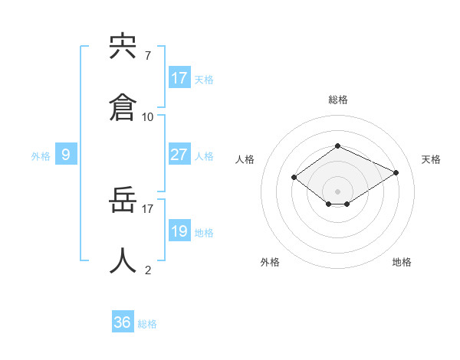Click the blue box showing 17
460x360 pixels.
pyautogui.click(x=179, y=78)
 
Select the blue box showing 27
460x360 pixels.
pyautogui.click(x=179, y=155)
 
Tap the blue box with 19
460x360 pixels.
pyautogui.click(x=179, y=231)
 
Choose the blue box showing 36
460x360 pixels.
pyautogui.click(x=123, y=322)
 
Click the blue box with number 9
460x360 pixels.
pyautogui.click(x=66, y=155)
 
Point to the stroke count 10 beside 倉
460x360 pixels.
pyautogui.click(x=148, y=117)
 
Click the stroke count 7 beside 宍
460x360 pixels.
pyautogui.click(x=148, y=56)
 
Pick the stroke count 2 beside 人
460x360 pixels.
pyautogui.click(x=148, y=270)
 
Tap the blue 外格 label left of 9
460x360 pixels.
pyautogui.click(x=41, y=156)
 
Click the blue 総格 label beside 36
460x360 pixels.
pyautogui.click(x=147, y=324)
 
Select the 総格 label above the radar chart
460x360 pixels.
pyautogui.click(x=337, y=100)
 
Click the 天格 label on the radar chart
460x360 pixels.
pyautogui.click(x=431, y=159)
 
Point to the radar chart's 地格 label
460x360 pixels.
pyautogui.click(x=402, y=262)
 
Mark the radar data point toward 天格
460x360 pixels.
pyautogui.click(x=396, y=172)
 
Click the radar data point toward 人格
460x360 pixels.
pyautogui.click(x=294, y=177)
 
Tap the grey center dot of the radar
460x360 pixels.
pyautogui.click(x=337, y=191)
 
